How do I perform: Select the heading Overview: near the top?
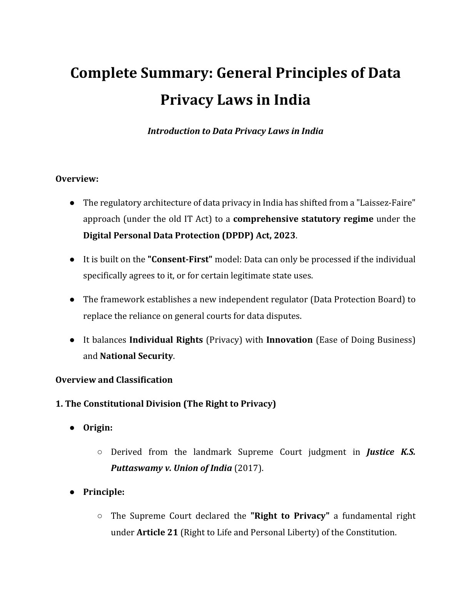pyautogui.click(x=77, y=179)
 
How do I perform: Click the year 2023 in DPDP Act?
pyautogui.click(x=284, y=235)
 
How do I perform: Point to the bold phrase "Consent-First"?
pyautogui.click(x=180, y=259)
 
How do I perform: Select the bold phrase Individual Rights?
pyautogui.click(x=166, y=340)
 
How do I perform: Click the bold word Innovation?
pyautogui.click(x=289, y=340)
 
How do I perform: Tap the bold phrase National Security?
pyautogui.click(x=136, y=356)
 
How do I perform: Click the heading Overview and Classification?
pyautogui.click(x=114, y=380)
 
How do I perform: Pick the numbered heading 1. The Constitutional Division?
pyautogui.click(x=165, y=404)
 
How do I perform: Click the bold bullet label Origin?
pyautogui.click(x=98, y=427)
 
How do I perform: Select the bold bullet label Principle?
pyautogui.click(x=104, y=492)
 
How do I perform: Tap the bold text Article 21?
pyautogui.click(x=157, y=532)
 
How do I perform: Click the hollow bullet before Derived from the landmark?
pyautogui.click(x=100, y=452)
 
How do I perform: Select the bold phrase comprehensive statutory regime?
pyautogui.click(x=303, y=219)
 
